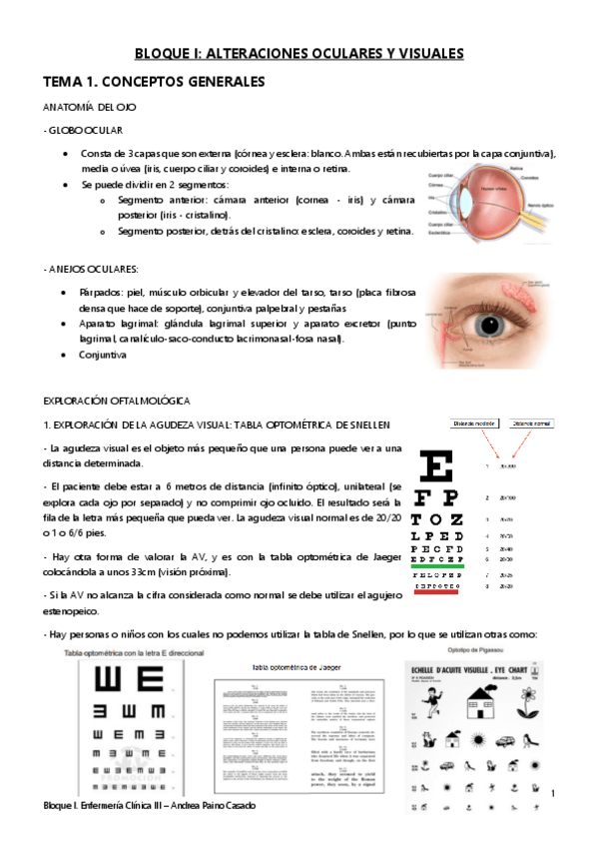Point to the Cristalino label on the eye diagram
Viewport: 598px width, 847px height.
pyautogui.click(x=434, y=212)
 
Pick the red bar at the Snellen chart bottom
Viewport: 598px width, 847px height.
pyautogui.click(x=431, y=592)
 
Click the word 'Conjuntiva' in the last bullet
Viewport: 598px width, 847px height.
pyautogui.click(x=104, y=354)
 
